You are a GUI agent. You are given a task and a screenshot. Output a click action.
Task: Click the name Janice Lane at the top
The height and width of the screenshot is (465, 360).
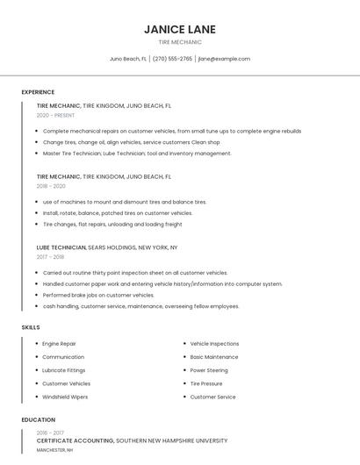(x=180, y=29)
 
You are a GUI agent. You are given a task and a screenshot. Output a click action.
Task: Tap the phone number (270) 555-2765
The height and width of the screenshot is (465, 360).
(x=172, y=59)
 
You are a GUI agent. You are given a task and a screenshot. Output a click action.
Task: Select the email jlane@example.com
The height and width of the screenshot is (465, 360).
(x=224, y=59)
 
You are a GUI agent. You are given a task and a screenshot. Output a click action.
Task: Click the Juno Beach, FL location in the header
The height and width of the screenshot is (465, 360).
(x=128, y=59)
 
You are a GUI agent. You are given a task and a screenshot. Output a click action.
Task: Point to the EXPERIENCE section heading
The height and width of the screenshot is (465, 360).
(x=38, y=92)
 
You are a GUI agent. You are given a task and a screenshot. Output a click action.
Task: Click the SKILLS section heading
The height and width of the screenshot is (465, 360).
(x=31, y=327)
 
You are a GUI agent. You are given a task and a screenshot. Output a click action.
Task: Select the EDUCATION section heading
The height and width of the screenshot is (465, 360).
(x=39, y=419)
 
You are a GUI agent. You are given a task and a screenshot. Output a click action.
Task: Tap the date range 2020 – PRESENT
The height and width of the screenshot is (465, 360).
(x=55, y=115)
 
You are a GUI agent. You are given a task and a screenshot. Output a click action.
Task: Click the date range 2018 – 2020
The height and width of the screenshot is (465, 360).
(x=51, y=186)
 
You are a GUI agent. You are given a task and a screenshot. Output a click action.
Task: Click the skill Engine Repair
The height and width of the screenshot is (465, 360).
(x=60, y=344)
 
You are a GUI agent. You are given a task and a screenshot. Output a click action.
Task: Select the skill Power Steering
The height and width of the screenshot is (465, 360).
(x=209, y=370)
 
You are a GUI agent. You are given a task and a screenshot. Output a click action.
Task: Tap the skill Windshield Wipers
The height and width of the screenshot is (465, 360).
(x=66, y=397)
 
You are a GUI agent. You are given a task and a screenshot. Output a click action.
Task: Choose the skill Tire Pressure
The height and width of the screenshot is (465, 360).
(x=206, y=383)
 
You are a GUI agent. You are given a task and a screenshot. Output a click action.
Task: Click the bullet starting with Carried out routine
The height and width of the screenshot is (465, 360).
(x=134, y=273)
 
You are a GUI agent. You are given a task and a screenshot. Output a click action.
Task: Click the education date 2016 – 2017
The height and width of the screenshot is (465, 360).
(x=51, y=433)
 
